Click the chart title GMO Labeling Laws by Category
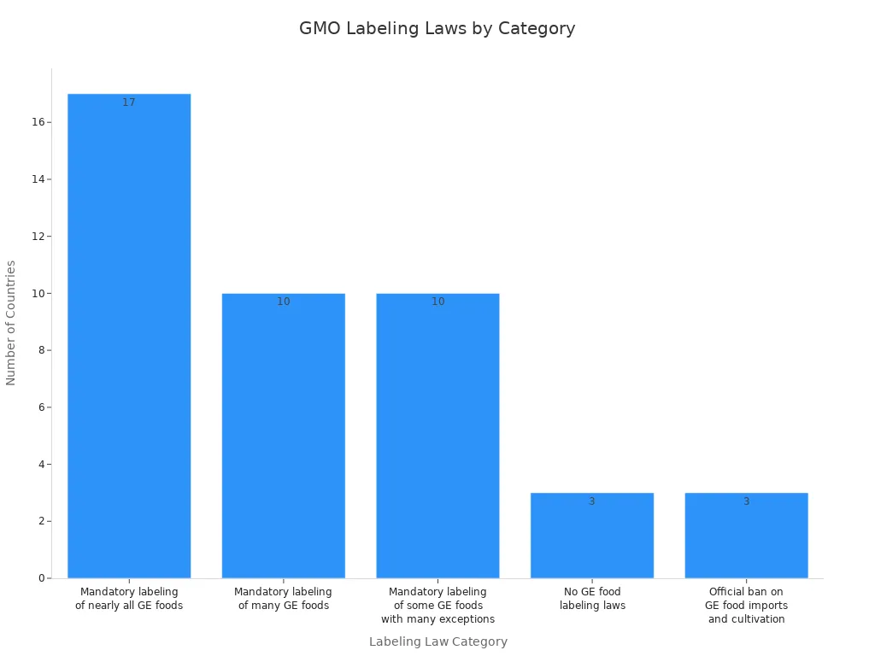(x=437, y=28)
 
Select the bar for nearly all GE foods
(x=129, y=342)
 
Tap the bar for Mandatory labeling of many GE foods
(x=283, y=436)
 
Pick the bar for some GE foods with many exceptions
(x=437, y=436)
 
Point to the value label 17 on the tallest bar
(x=129, y=102)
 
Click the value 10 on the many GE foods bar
(x=283, y=302)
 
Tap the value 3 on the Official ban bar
(x=746, y=501)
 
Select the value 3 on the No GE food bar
(x=591, y=501)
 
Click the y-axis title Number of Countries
(x=11, y=323)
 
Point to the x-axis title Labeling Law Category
(x=437, y=641)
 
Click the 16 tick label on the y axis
(x=38, y=122)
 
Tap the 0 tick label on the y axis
(x=41, y=578)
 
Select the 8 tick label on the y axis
(x=41, y=350)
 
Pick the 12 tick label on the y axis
(x=38, y=236)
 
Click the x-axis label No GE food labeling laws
(x=592, y=599)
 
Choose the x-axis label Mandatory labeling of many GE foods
(x=283, y=599)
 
